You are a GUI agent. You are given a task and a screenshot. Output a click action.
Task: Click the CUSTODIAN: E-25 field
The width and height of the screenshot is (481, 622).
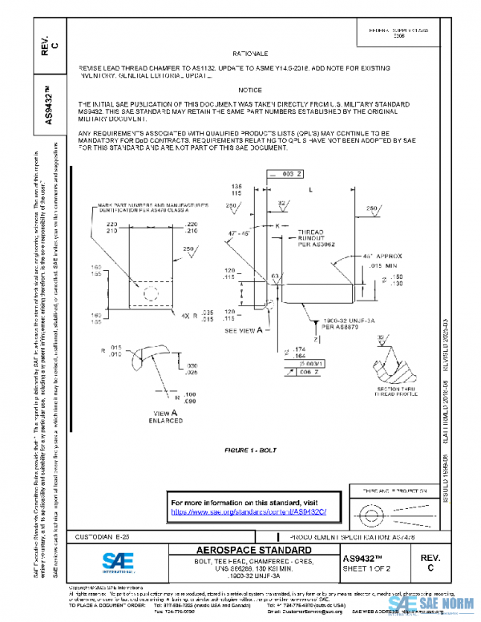coord(100,535)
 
